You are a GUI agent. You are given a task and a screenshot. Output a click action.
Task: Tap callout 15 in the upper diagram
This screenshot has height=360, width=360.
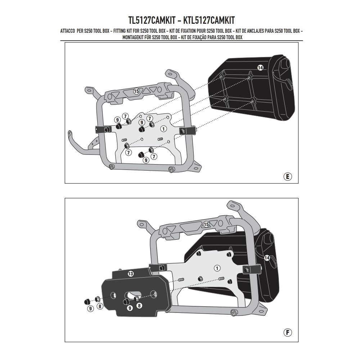[x=136, y=91]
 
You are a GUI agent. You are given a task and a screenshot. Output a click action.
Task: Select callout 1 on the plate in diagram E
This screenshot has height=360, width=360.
[x=163, y=128]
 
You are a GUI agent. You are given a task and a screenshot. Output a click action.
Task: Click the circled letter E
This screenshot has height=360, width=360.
[x=287, y=176]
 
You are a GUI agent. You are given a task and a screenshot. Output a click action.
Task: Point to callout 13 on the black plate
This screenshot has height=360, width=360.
[x=131, y=274]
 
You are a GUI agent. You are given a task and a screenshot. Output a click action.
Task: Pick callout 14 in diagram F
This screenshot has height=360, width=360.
[x=267, y=257]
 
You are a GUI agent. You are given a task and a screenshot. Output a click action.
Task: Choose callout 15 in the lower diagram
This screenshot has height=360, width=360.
[x=206, y=224]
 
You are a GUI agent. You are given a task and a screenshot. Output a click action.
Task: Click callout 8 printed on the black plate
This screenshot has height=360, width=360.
[x=140, y=305]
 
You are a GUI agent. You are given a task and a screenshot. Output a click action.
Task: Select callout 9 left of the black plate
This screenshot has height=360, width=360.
[x=90, y=308]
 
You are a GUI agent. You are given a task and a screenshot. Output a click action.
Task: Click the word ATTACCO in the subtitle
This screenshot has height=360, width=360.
[x=67, y=32]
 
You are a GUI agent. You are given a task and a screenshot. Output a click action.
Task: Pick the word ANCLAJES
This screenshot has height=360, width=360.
[x=256, y=32]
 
